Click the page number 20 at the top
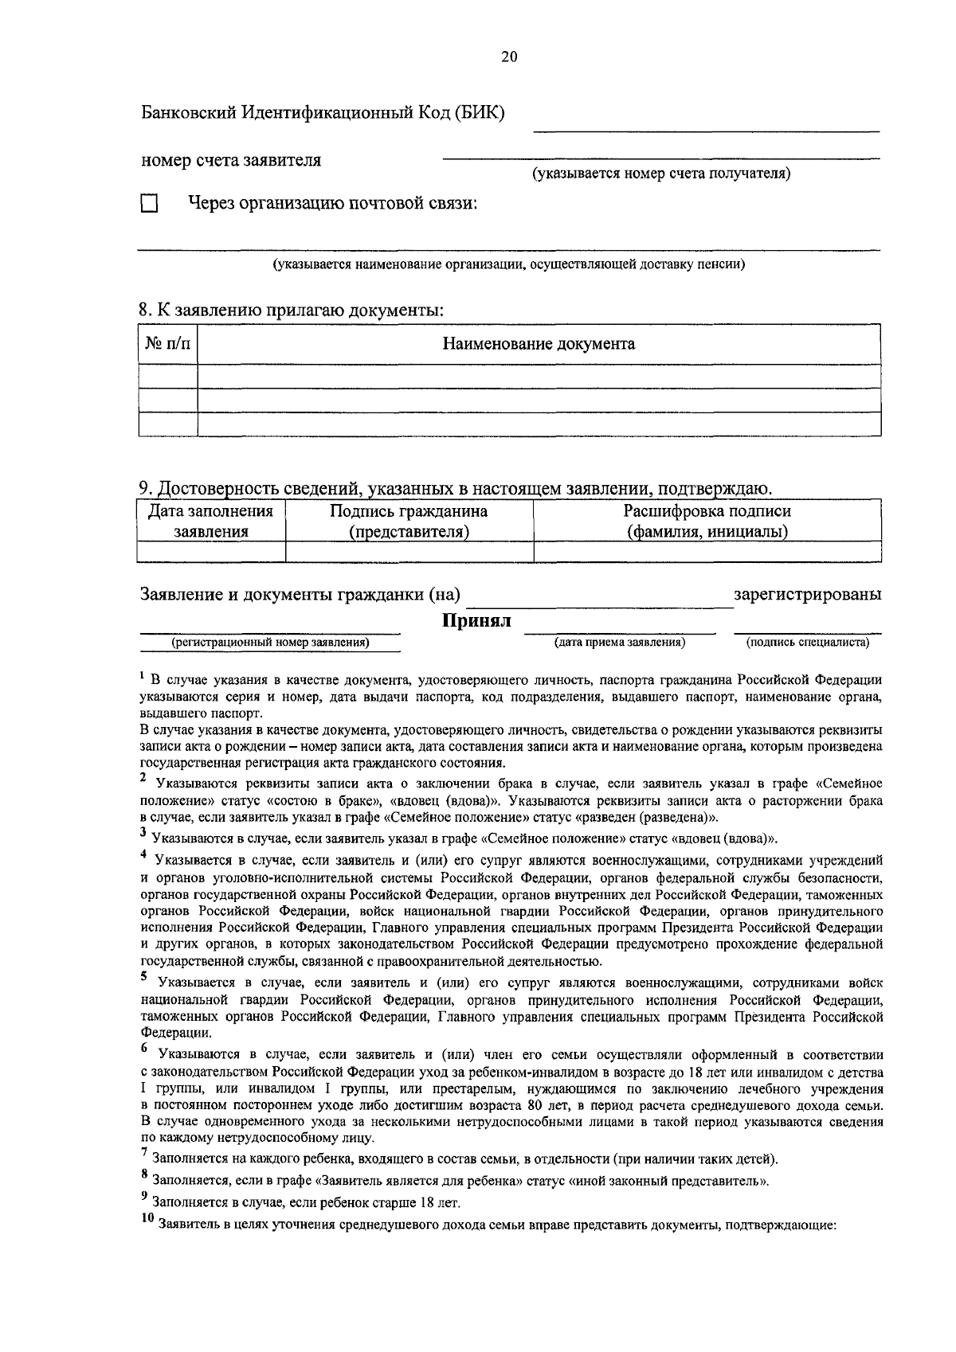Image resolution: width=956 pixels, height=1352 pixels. coord(509,57)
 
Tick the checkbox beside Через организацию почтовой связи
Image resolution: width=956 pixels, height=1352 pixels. coord(149,204)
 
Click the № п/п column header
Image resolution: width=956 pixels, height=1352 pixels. coord(168,344)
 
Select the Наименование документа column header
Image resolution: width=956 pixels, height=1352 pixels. coord(539,344)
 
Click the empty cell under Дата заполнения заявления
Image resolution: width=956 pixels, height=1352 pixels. coord(211,552)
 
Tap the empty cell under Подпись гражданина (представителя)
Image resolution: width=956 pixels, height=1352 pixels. coord(409,552)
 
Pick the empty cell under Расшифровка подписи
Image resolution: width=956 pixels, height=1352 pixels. coord(707,552)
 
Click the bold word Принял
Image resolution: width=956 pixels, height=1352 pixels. coord(476,621)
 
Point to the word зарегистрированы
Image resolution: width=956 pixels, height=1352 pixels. coord(807,594)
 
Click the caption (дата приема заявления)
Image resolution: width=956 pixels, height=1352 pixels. coord(620,642)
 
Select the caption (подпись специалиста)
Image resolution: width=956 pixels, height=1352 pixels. coord(807,642)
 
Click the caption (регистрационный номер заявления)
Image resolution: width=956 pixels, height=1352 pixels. coord(271,642)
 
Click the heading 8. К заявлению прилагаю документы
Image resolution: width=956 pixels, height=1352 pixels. coord(292,311)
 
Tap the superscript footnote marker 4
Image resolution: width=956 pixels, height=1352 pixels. coord(144,854)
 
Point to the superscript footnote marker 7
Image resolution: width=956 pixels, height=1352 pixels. coord(144,1152)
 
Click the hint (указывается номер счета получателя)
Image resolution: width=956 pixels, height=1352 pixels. coord(661,174)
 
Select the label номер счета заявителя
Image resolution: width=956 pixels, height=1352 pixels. coord(231,160)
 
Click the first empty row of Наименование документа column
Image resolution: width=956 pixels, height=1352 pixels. coord(539,376)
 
